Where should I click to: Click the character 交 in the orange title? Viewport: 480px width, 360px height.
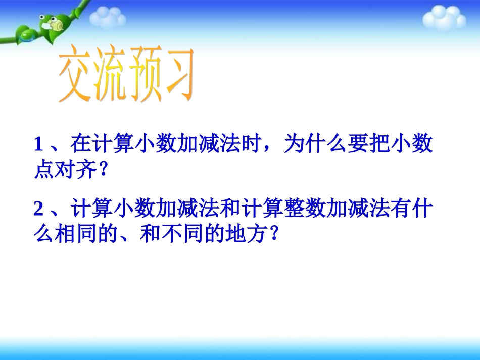click(75, 76)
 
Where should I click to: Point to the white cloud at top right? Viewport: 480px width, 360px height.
click(444, 18)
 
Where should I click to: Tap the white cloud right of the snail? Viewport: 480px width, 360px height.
click(107, 18)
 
